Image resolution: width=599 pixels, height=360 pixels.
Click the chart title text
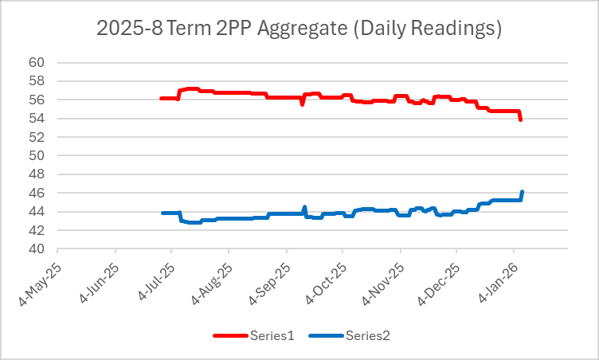coord(299,29)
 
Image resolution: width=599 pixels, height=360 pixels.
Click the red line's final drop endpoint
coord(520,119)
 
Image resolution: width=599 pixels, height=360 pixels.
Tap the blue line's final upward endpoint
coord(521,192)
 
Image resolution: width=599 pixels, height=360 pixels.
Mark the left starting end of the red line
coord(162,98)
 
